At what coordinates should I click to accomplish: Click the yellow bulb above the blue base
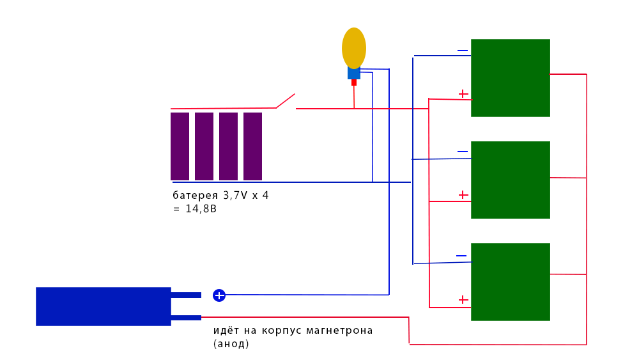coord(354,48)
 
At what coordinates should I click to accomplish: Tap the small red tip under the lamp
coord(354,82)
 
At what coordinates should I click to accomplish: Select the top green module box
coord(511,78)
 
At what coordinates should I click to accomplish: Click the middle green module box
coord(511,180)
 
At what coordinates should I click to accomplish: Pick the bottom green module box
coord(511,282)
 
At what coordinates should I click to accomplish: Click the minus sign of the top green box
coord(463,51)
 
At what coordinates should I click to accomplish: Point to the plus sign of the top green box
coord(463,94)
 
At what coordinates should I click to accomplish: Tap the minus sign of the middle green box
coord(463,152)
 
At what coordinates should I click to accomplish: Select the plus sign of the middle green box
coord(463,194)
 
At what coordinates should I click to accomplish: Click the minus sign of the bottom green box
coord(461,256)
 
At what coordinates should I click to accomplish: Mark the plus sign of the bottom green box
coord(463,299)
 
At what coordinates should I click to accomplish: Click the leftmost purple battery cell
coord(180,146)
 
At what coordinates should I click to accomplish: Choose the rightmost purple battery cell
coord(253,146)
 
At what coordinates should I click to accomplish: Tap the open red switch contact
coord(285,101)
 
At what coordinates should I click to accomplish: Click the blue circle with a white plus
coord(219,295)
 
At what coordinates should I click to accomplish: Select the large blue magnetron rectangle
coord(104,306)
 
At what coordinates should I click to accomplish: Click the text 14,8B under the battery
coord(201,209)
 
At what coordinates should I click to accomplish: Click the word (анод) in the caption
coord(231,344)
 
